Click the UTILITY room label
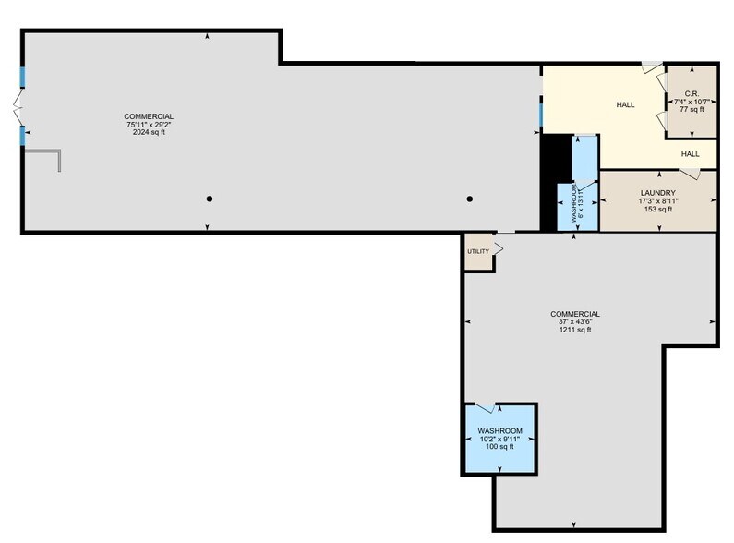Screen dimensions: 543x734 click(477, 251)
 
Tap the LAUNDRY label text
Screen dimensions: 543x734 click(658, 193)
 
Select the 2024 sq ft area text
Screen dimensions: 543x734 click(149, 132)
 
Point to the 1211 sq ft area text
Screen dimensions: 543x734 click(575, 330)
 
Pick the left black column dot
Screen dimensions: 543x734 click(210, 199)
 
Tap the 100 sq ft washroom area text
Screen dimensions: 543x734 click(499, 447)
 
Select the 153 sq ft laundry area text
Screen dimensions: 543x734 click(658, 210)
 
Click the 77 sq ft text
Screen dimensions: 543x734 click(692, 109)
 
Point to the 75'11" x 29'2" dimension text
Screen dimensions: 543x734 click(149, 124)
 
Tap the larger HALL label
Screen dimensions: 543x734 click(625, 104)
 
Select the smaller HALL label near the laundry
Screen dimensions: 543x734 click(690, 154)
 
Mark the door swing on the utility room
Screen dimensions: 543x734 click(498, 248)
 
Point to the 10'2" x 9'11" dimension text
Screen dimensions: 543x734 click(499, 439)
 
